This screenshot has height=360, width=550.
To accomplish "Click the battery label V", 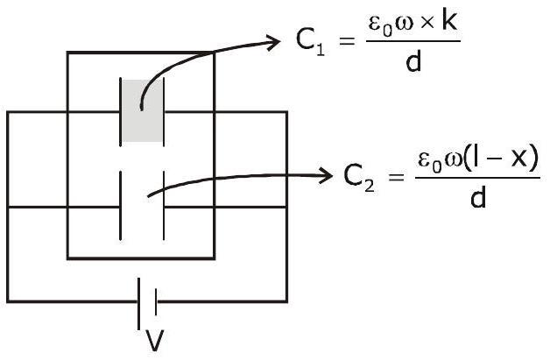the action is click(154, 341).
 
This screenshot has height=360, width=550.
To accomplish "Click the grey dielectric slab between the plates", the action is click(142, 111).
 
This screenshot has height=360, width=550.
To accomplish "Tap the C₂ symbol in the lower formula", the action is click(359, 178).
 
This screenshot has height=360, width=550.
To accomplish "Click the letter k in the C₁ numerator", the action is click(449, 22).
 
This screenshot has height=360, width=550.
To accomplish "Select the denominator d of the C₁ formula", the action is click(413, 60).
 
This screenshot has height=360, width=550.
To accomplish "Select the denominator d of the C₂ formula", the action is click(477, 197).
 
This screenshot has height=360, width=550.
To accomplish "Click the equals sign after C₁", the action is click(347, 42).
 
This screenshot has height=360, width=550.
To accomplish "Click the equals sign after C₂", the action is click(397, 177).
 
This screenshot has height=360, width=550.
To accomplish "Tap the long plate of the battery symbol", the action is click(139, 304).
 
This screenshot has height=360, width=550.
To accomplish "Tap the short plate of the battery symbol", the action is click(155, 302).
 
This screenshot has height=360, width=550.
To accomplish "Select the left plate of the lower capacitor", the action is click(121, 206).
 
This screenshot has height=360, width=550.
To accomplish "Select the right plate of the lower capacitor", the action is click(164, 206).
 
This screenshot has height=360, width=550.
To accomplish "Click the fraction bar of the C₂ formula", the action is click(477, 178).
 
